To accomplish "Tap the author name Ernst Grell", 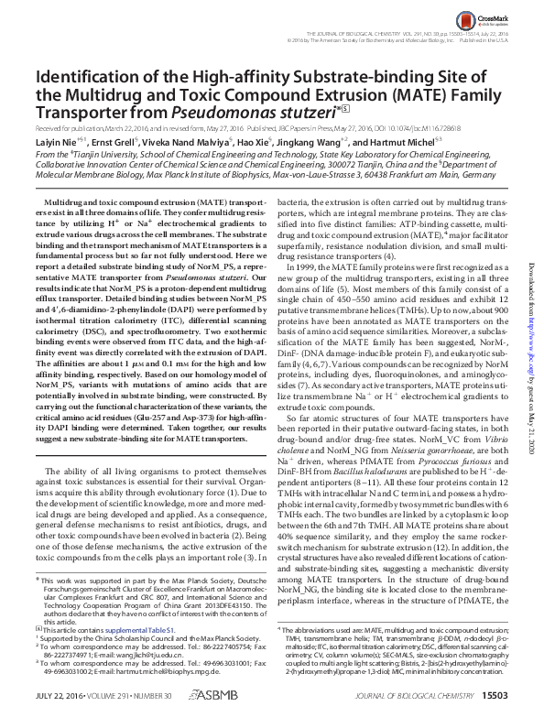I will click(116, 143).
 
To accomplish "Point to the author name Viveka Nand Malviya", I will click(188, 143).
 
